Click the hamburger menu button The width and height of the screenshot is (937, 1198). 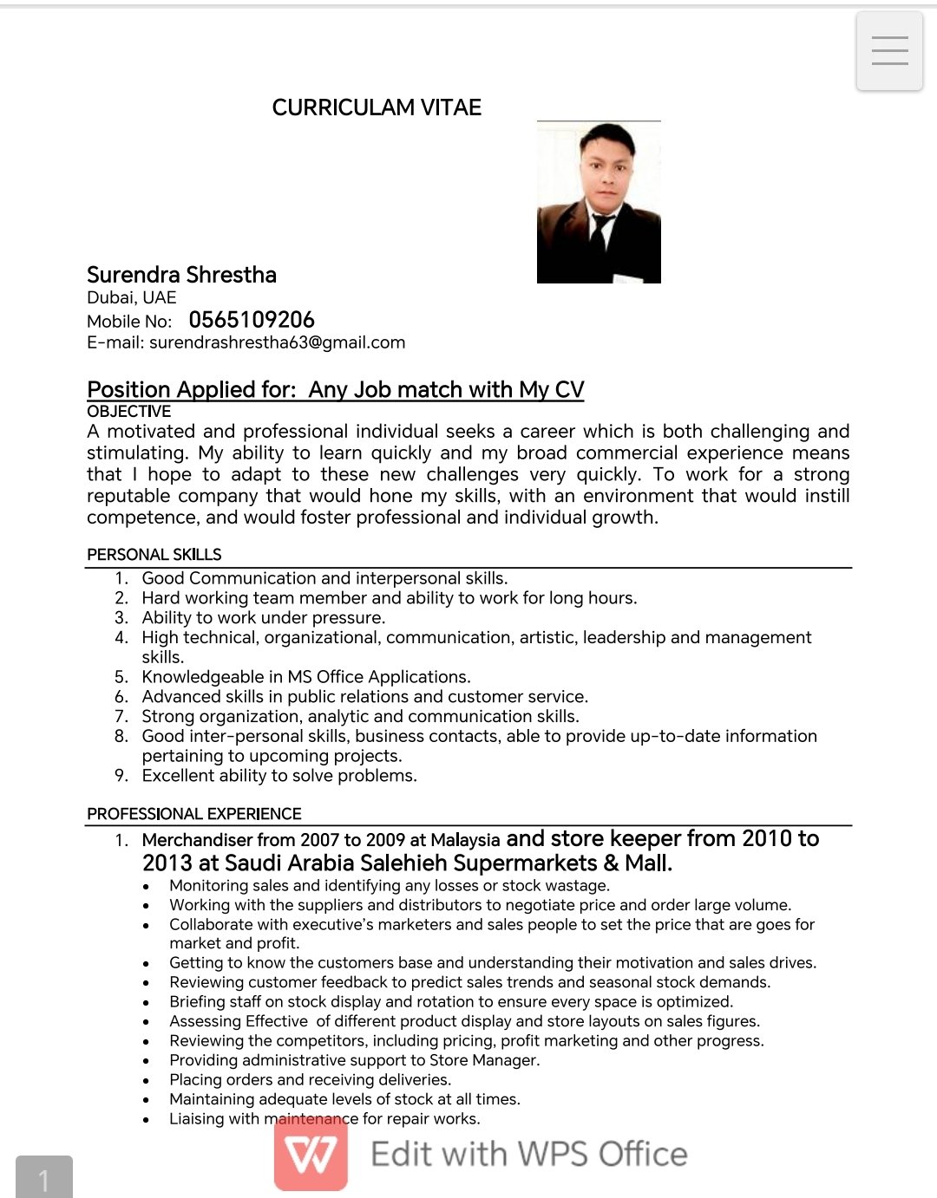(889, 51)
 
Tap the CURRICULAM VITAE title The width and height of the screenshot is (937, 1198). (377, 107)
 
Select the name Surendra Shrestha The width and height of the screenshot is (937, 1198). (181, 275)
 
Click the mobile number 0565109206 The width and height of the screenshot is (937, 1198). (252, 320)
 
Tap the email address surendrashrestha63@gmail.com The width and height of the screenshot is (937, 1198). (277, 342)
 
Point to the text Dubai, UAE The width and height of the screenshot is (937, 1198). (131, 297)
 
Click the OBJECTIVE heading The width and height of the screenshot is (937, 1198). (128, 412)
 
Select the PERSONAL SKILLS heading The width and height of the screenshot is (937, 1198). (154, 555)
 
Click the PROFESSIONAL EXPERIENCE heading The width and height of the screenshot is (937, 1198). (193, 814)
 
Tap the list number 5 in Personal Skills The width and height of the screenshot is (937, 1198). (121, 677)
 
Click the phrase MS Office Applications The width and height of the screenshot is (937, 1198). (378, 677)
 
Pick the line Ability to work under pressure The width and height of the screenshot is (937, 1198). (263, 618)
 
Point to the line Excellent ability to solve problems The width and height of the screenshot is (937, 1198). (278, 776)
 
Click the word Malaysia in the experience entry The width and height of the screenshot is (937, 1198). (464, 840)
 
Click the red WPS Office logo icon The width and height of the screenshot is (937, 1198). (311, 1154)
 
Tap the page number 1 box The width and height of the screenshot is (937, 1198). (43, 1178)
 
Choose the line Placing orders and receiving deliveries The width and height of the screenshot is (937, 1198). (310, 1080)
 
